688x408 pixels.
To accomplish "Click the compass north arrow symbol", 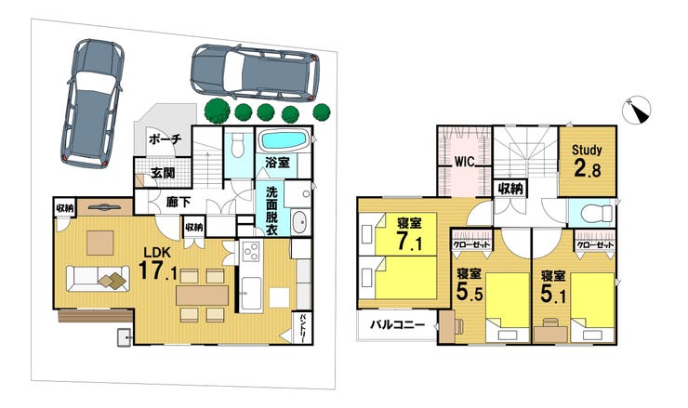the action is (637, 110).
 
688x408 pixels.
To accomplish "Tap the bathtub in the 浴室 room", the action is (284, 140).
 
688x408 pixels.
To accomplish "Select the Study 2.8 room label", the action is (587, 160).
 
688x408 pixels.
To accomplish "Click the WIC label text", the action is (464, 162).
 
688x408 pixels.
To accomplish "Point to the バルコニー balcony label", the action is (398, 325).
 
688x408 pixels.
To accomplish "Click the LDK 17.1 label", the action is (158, 264).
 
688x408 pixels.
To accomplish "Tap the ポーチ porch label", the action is (165, 139).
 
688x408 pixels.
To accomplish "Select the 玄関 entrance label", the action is (164, 173).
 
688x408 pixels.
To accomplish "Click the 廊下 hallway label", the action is (179, 203).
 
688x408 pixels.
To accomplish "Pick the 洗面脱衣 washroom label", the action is (272, 211).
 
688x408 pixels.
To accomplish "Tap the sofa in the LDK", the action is (98, 278).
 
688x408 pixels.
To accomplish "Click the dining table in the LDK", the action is (203, 296).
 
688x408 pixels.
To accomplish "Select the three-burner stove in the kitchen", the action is (251, 252).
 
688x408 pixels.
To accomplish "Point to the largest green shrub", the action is (217, 111).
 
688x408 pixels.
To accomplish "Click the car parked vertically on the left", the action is (92, 103).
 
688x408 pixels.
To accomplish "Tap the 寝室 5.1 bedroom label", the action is (553, 287).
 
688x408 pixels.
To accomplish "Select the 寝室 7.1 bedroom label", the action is (409, 234).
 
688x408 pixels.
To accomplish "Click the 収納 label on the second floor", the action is (510, 189).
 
